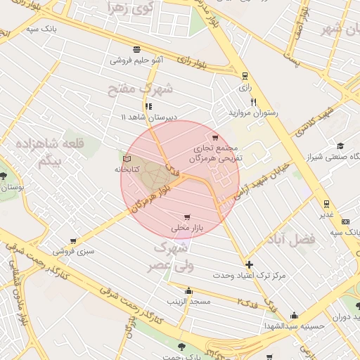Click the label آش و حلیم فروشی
[x=136, y=60]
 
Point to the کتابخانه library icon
[x=127, y=159]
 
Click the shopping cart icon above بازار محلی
[x=186, y=217]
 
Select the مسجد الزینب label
[x=188, y=301]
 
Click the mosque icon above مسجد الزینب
[x=188, y=290]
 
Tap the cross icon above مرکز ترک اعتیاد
[x=250, y=264]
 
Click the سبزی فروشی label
[x=78, y=250]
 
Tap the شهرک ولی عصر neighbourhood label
[x=169, y=257]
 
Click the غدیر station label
[x=328, y=215]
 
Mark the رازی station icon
[x=244, y=76]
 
